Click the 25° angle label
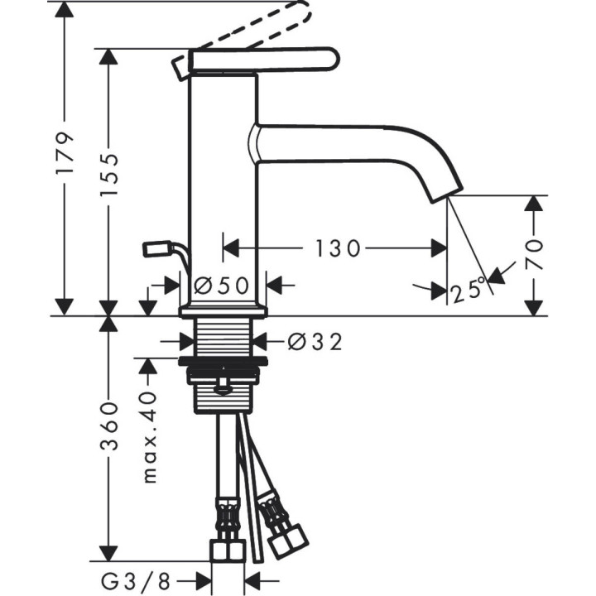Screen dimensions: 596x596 pyautogui.click(x=469, y=291)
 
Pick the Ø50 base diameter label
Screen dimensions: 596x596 pyautogui.click(x=222, y=286)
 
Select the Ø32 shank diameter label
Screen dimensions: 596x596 pyautogui.click(x=315, y=341)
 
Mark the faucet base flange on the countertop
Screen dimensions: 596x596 pyautogui.click(x=223, y=310)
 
